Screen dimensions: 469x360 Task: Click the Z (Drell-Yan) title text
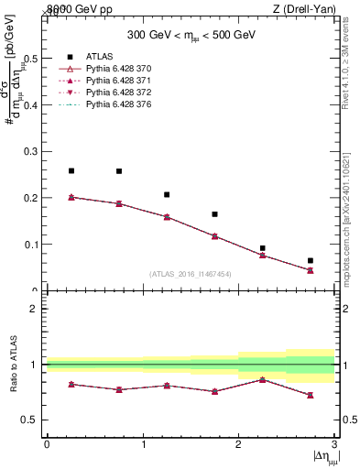point(304,9)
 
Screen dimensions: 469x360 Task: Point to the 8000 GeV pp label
point(77,9)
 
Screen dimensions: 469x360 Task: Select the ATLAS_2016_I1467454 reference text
point(190,273)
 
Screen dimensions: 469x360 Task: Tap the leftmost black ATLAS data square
point(71,171)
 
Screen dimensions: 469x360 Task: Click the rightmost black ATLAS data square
point(311,261)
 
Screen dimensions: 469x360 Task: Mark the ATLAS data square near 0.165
point(215,214)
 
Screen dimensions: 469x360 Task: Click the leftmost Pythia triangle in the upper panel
point(71,197)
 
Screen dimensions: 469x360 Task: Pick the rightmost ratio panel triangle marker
point(311,395)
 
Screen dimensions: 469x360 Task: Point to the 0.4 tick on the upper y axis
point(34,104)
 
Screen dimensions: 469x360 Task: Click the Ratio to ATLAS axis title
point(14,365)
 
